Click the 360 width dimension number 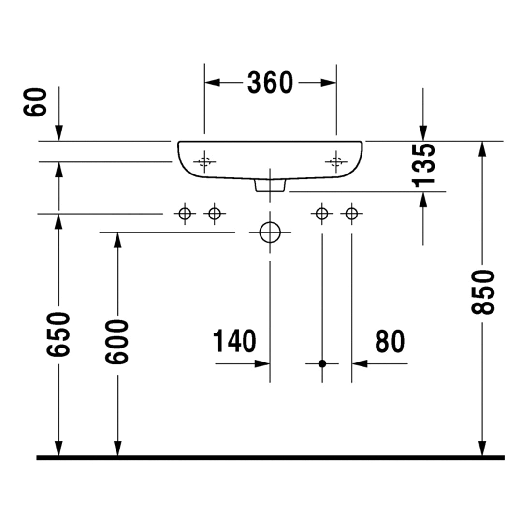coord(270,83)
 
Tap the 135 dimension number coord(424,164)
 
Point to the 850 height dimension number coord(483,292)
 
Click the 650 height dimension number coord(59,334)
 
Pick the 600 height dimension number coord(117,342)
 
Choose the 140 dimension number coord(234,341)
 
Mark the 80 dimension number coord(390,341)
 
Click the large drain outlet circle coord(270,232)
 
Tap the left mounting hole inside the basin coord(204,161)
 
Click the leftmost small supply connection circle coord(185,213)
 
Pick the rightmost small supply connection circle coord(352,213)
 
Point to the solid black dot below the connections coord(322,363)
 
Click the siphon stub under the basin coord(270,185)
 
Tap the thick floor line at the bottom coord(270,457)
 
